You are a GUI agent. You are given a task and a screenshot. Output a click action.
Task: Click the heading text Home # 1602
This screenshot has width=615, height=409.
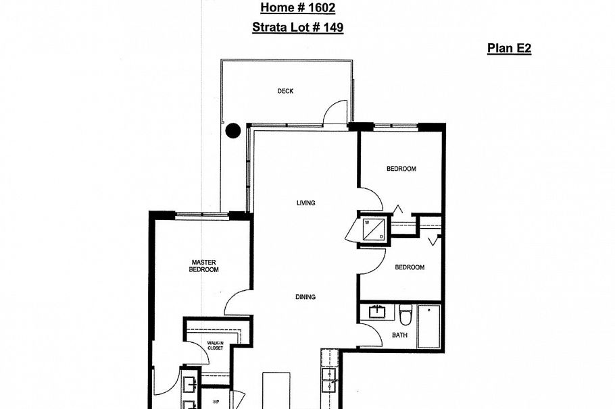coord(297,8)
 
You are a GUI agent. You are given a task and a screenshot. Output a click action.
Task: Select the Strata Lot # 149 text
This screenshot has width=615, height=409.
coord(297,28)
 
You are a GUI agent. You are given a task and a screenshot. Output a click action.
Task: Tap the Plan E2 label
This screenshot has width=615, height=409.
coord(509,49)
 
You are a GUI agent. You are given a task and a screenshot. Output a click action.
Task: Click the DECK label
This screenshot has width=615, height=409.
coord(285,91)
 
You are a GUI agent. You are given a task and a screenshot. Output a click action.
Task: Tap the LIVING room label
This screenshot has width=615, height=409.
coord(305,202)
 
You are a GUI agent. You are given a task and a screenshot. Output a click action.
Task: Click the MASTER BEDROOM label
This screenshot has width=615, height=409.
coord(203,266)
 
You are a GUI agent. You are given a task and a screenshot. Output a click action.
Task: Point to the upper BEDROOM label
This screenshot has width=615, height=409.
coord(401,169)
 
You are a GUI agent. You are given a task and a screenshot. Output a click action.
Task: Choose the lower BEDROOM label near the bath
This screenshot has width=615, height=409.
coord(409,267)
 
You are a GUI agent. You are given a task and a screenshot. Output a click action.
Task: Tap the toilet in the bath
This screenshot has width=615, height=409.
coord(405,315)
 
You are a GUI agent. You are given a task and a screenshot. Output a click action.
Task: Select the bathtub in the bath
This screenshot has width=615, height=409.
coord(428,327)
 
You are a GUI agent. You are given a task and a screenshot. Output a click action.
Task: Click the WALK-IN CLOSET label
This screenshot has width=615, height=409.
coord(215,346)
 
